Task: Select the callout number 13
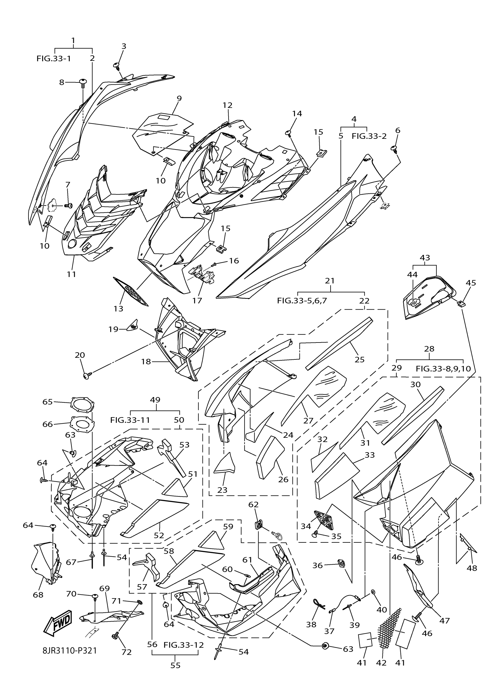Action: [x=118, y=308]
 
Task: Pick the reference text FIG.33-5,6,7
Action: [x=302, y=300]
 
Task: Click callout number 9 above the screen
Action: [x=179, y=98]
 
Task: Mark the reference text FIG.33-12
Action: [x=184, y=645]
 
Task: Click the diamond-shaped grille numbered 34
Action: [x=325, y=520]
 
